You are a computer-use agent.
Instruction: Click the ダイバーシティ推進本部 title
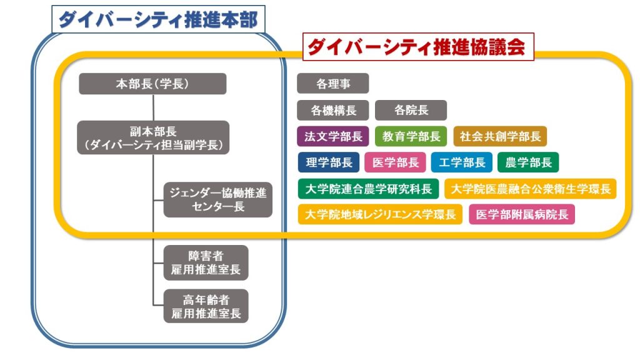coord(157,20)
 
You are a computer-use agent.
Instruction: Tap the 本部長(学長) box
coord(152,84)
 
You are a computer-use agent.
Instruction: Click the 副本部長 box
coord(153,138)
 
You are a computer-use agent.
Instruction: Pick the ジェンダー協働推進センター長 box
coord(217,199)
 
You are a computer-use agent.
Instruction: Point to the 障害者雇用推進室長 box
coord(206,263)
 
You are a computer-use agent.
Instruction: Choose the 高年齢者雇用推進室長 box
coord(206,306)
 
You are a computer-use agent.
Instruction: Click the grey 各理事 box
coord(333,84)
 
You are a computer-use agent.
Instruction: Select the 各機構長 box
coord(333,111)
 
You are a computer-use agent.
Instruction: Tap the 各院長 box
coord(411,111)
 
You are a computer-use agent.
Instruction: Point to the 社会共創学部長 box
coord(500,136)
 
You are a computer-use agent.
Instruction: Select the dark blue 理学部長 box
coord(329,162)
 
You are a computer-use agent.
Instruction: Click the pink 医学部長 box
coord(395,162)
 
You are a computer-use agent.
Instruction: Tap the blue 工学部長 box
coord(461,162)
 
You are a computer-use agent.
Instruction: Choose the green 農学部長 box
coord(528,162)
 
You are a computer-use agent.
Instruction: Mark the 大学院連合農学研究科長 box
coord(368,189)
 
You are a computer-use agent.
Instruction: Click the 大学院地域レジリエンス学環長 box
coord(380,214)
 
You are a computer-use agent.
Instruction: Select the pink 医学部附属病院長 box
coord(522,214)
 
